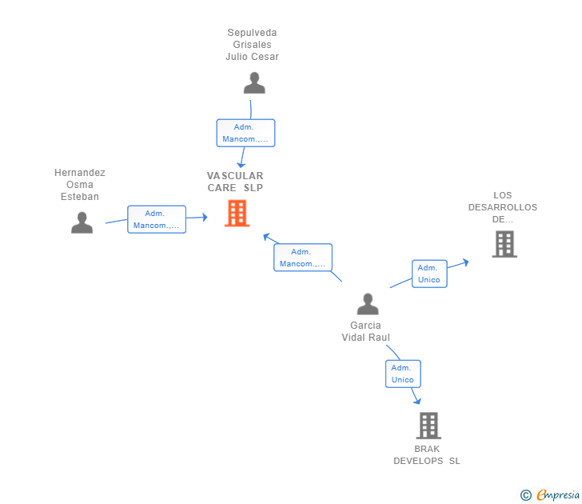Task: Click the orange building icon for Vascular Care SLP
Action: (237, 213)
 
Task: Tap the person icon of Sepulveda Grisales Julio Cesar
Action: (254, 83)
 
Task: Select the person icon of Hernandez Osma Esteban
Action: (82, 222)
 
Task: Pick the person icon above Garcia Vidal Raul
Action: (368, 304)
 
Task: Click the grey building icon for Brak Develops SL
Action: (429, 426)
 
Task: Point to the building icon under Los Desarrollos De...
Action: (504, 244)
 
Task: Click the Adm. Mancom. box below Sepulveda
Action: (245, 133)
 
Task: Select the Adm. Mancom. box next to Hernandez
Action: (157, 219)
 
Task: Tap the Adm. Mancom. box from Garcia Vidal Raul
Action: (303, 258)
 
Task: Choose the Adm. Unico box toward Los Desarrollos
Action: (429, 274)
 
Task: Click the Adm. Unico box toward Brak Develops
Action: (403, 374)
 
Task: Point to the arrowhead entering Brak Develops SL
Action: (418, 401)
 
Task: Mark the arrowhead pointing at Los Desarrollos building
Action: (465, 262)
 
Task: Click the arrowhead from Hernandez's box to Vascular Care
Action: (205, 218)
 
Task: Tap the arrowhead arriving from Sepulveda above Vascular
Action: (241, 165)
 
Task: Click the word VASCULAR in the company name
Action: (235, 176)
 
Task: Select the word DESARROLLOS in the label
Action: (503, 207)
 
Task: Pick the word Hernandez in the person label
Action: (80, 173)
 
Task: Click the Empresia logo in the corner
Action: (558, 494)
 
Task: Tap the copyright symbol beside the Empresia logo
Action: (526, 495)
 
